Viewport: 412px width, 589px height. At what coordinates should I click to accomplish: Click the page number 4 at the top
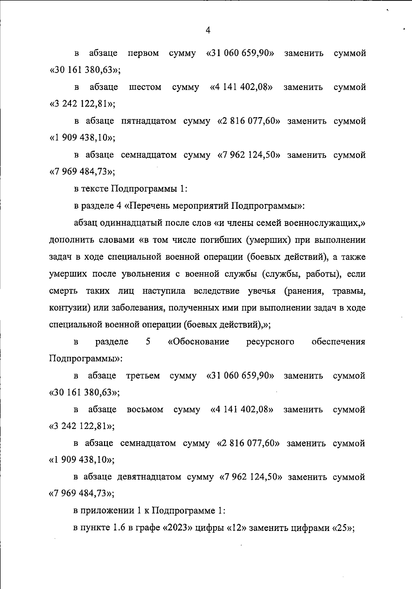pyautogui.click(x=208, y=31)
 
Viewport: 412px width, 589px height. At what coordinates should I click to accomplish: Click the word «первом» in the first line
pyautogui.click(x=143, y=54)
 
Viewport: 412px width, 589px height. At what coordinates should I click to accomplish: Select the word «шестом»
pyautogui.click(x=145, y=88)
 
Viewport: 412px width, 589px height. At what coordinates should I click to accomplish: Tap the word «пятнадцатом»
pyautogui.click(x=149, y=122)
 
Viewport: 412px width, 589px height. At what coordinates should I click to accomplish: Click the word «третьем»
pyautogui.click(x=143, y=376)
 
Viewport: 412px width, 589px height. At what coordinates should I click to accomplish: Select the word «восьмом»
pyautogui.click(x=145, y=410)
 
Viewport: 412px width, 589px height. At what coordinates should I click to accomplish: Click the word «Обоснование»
pyautogui.click(x=199, y=342)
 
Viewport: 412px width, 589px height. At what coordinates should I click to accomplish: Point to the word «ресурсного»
pyautogui.click(x=270, y=342)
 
